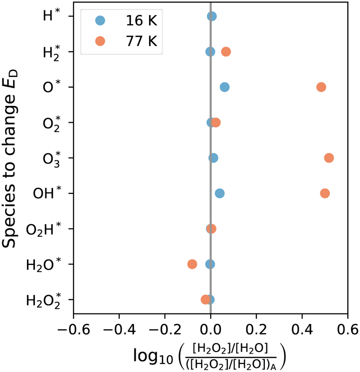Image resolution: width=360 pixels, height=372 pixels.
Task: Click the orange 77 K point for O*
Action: pyautogui.click(x=321, y=87)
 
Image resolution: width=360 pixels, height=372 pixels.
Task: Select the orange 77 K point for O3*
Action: pyautogui.click(x=329, y=158)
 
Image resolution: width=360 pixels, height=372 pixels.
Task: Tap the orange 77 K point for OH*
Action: pyautogui.click(x=325, y=193)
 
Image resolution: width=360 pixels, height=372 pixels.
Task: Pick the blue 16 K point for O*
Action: pyautogui.click(x=224, y=87)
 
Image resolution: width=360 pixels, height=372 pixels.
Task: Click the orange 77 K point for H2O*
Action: pyautogui.click(x=192, y=264)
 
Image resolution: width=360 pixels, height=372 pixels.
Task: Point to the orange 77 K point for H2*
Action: pyautogui.click(x=226, y=52)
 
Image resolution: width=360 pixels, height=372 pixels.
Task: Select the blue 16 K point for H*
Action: pyautogui.click(x=212, y=16)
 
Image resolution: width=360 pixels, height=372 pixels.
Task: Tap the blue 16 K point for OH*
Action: pyautogui.click(x=220, y=193)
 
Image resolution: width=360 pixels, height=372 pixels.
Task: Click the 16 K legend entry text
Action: pyautogui.click(x=141, y=21)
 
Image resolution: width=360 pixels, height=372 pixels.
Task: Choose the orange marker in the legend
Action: pyautogui.click(x=100, y=41)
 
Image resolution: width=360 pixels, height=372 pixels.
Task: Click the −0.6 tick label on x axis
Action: pyautogui.click(x=73, y=330)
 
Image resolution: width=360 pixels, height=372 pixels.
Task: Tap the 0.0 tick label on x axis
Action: pyautogui.click(x=211, y=330)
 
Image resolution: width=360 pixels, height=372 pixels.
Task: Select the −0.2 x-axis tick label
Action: pyautogui.click(x=165, y=330)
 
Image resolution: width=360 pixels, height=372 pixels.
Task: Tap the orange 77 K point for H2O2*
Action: pyautogui.click(x=205, y=300)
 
